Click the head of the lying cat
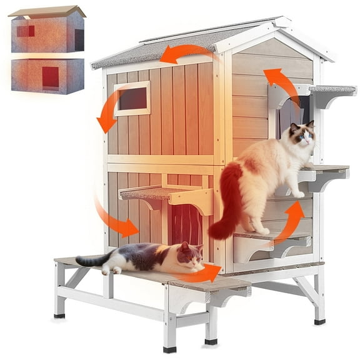[191, 256]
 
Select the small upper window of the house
[132, 99]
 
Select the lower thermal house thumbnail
[47, 76]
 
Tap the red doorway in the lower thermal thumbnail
[50, 77]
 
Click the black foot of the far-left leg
[60, 315]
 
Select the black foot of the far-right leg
[319, 321]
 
